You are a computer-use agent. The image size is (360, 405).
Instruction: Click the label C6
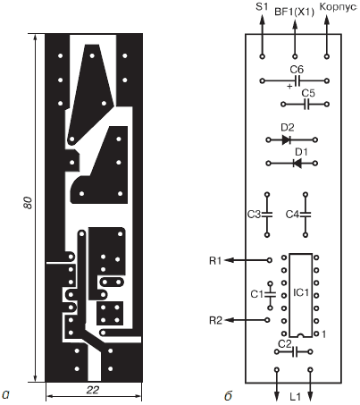click(297, 70)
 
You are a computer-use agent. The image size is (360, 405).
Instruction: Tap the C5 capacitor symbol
click(306, 105)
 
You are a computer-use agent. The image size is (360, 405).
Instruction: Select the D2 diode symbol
click(286, 139)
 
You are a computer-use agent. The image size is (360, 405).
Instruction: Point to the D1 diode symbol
click(297, 164)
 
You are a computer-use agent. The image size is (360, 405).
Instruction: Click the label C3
click(254, 215)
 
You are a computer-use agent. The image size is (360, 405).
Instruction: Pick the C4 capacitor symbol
click(306, 215)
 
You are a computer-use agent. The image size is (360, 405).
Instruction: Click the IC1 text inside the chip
click(301, 292)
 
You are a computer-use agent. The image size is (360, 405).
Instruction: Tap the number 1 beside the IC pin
click(323, 334)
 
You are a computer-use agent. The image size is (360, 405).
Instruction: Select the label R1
click(215, 261)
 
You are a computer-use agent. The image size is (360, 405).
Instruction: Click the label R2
click(215, 321)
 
